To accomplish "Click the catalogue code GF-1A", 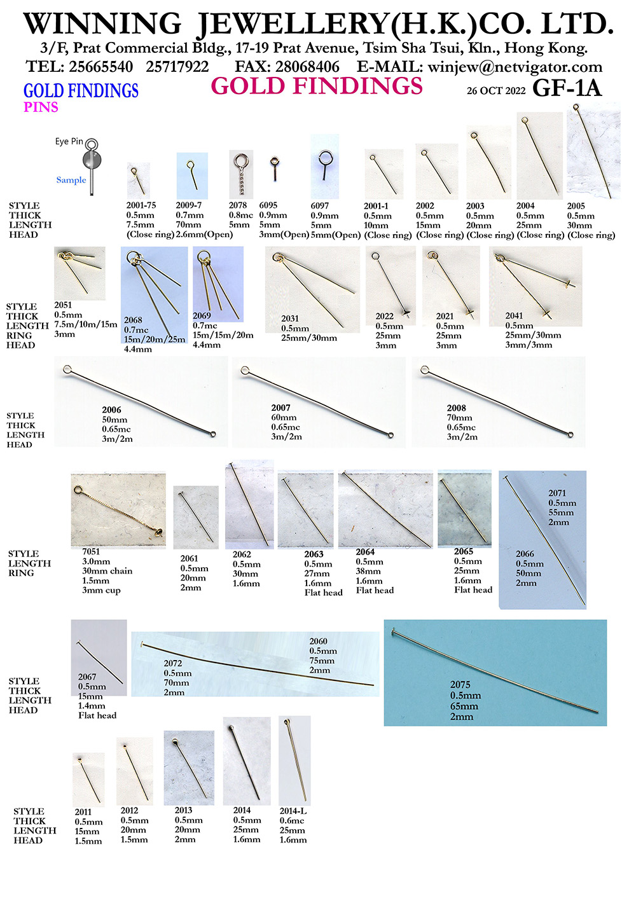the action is [x=567, y=88].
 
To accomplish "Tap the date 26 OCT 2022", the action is [x=495, y=90].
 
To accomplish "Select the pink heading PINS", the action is [x=41, y=107].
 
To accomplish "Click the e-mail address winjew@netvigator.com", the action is [x=515, y=67].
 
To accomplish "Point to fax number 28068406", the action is [x=307, y=67].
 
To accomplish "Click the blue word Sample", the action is [x=71, y=180].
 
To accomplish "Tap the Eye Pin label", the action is [x=69, y=141].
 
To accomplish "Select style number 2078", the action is [x=238, y=205].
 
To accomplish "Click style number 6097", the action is [x=319, y=205].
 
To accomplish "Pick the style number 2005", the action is [x=576, y=206].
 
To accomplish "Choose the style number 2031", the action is [x=290, y=319].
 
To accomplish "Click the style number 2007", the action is [x=280, y=408].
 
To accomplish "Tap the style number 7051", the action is [x=91, y=552].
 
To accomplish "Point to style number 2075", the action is [x=460, y=685].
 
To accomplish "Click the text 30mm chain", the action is [x=107, y=571].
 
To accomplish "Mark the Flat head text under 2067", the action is [x=97, y=715].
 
